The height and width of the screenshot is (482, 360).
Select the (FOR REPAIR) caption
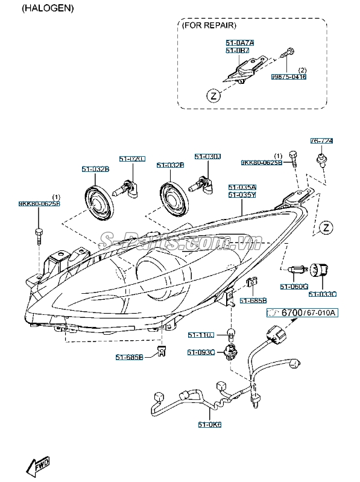point(209,26)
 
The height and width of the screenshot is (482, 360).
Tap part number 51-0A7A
point(239,43)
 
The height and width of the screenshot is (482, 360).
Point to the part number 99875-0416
point(288,77)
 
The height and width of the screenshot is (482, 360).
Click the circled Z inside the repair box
point(212,95)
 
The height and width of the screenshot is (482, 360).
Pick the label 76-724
point(321,141)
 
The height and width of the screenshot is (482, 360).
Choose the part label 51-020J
point(132,159)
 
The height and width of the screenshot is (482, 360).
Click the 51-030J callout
point(207,157)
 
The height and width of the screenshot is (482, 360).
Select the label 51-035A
point(242,188)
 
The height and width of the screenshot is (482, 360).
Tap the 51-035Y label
point(242,195)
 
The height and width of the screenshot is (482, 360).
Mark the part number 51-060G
point(294,286)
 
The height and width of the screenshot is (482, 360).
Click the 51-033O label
point(322,294)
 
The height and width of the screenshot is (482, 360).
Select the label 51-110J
point(200,335)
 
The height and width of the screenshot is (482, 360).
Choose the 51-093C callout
point(200,352)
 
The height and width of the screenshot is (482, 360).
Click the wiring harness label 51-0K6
point(209,425)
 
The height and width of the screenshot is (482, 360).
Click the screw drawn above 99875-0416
point(290,52)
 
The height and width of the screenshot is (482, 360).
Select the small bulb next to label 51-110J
point(230,332)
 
